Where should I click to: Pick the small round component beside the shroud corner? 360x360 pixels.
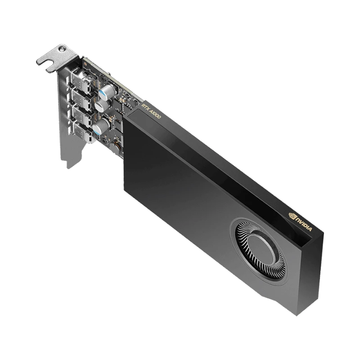(117, 144)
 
